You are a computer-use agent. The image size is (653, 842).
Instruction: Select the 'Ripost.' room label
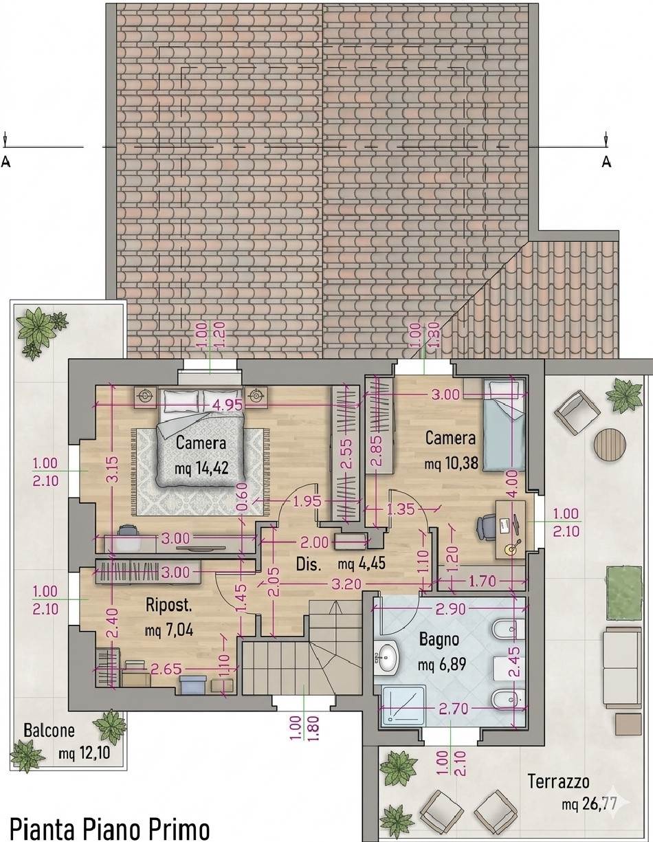pos(168,604)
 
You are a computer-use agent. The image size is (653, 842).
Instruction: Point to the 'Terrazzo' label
pos(558,782)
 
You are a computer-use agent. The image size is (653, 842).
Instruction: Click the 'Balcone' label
pos(49,731)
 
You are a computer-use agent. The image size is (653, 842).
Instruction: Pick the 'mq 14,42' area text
pos(201,469)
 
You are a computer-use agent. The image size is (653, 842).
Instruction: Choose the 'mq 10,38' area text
pos(451,463)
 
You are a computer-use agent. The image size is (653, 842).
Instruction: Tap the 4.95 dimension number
pos(228,406)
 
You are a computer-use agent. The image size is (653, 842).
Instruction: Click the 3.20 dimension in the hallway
pos(346,584)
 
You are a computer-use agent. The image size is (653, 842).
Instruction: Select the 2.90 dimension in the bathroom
pos(450,609)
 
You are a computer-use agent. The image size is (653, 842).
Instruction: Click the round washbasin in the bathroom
pos(386,658)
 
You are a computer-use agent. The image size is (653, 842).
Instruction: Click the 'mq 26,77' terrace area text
pos(589,802)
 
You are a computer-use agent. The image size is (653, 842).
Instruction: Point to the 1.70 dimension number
pos(483,581)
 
